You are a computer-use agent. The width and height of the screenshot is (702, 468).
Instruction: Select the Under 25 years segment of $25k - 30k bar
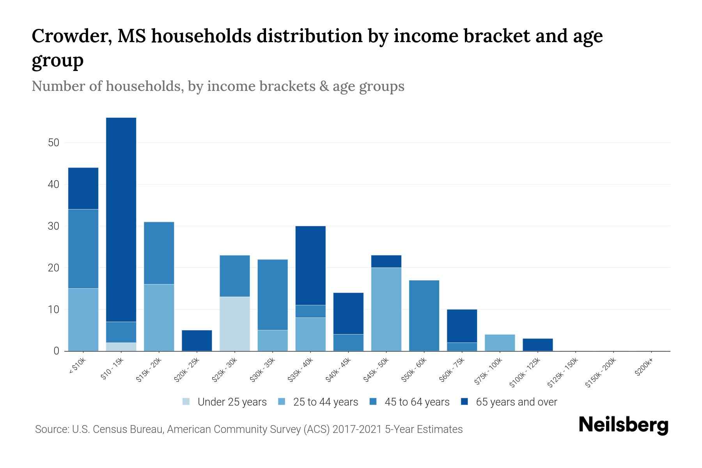pyautogui.click(x=234, y=324)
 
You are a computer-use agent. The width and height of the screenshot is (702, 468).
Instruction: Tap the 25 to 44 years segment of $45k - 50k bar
pyautogui.click(x=386, y=309)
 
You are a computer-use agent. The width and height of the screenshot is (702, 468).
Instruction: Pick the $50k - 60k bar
pyautogui.click(x=424, y=316)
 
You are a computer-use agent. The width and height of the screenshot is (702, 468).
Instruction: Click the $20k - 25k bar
pyautogui.click(x=197, y=340)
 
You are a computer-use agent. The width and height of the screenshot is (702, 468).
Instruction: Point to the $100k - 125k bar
pyautogui.click(x=537, y=345)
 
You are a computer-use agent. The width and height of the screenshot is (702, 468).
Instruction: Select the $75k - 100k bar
pyautogui.click(x=500, y=343)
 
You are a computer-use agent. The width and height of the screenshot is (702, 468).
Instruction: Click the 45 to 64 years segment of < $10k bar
pyautogui.click(x=83, y=249)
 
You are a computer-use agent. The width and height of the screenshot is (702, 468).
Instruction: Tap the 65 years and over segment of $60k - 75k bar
pyautogui.click(x=462, y=326)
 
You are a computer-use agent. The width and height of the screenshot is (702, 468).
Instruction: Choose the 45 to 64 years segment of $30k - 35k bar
pyautogui.click(x=273, y=294)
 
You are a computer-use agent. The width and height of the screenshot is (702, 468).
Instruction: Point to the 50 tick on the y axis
pyautogui.click(x=54, y=143)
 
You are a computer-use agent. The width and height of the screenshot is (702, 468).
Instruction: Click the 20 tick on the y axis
pyautogui.click(x=54, y=268)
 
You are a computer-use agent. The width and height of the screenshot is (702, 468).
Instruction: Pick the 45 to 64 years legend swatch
pyautogui.click(x=373, y=402)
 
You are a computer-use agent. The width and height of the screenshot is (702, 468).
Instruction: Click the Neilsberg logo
pyautogui.click(x=623, y=425)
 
